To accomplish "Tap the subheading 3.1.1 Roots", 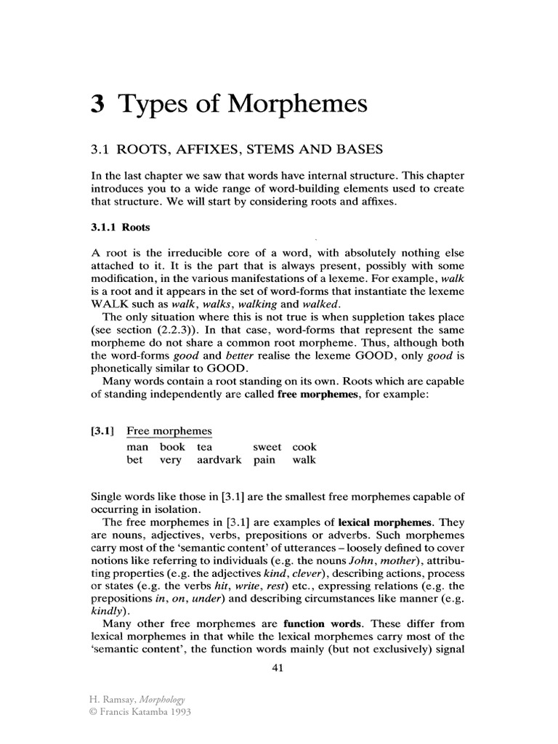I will click(x=119, y=227).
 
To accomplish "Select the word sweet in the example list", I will click(x=267, y=447).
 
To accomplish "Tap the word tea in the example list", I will click(x=204, y=447).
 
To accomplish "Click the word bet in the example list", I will click(x=134, y=460).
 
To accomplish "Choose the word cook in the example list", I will click(x=304, y=447).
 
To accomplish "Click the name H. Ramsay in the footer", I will click(x=109, y=699).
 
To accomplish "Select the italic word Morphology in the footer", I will click(x=160, y=699).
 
